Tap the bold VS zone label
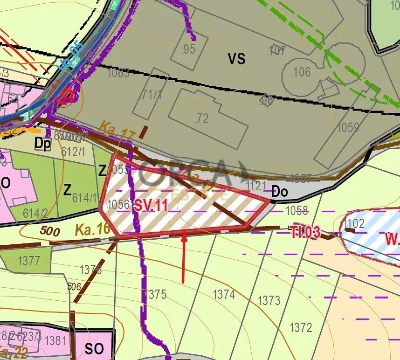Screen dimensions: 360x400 point(236,59)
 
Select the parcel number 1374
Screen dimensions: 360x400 point(224,294)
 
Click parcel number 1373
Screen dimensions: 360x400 point(269,300)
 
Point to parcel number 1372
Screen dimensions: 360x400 point(301,327)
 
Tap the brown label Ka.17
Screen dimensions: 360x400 point(116,131)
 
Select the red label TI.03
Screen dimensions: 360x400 point(305,233)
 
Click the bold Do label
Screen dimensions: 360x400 point(280,191)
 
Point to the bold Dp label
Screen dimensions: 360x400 point(42,144)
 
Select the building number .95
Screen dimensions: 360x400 point(188,49)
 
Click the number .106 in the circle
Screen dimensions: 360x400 point(300,72)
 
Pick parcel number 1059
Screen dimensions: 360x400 point(348,127)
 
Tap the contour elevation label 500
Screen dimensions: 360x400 point(50,230)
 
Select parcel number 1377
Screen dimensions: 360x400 point(29,260)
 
